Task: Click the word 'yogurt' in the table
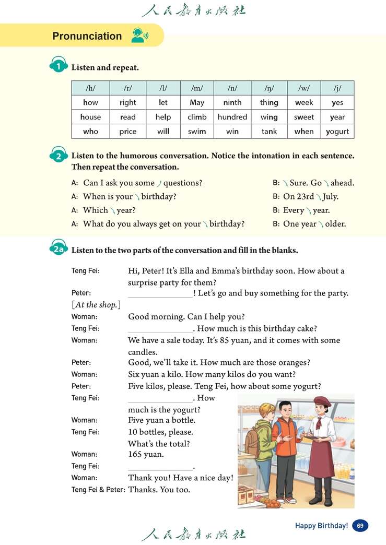pos(337,132)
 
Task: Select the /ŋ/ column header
pos(269,88)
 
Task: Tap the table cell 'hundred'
pos(232,117)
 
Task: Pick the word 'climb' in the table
pos(197,117)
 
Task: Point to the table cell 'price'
pos(127,132)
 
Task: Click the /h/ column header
pos(90,88)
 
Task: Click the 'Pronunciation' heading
pos(87,36)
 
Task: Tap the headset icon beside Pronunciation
pos(139,35)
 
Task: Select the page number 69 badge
pos(360,526)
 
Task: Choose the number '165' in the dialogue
pos(135,454)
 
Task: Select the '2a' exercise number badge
pos(59,250)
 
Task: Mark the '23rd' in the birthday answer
pos(306,197)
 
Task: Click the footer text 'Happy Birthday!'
pos(321,526)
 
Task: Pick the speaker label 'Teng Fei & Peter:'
pos(98,490)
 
